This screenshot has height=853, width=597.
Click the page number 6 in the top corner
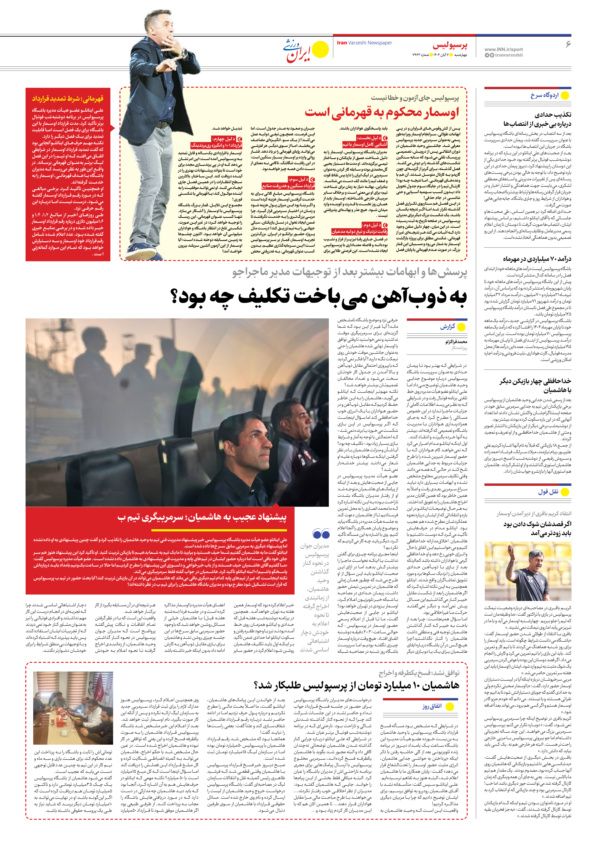568,44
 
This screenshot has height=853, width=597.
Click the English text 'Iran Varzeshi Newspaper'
364,43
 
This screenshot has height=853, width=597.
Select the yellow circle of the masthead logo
320,50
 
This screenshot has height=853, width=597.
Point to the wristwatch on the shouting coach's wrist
184,52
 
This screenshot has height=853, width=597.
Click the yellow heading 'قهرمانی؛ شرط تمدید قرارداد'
68,98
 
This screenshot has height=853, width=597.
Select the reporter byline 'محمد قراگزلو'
456,341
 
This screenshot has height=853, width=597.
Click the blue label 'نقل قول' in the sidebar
548,492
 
